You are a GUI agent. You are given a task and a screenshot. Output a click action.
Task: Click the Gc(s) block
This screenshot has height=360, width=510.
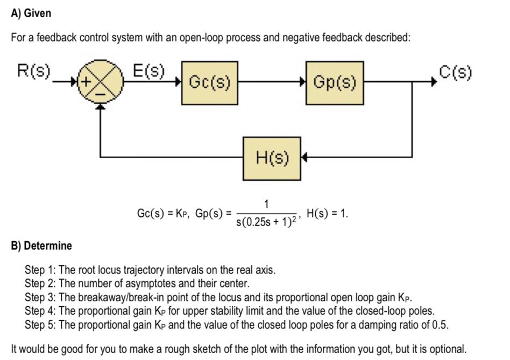[210, 83]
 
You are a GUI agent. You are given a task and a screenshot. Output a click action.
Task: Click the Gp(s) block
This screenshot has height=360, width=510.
[335, 83]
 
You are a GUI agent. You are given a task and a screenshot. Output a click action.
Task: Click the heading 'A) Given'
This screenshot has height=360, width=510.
[31, 13]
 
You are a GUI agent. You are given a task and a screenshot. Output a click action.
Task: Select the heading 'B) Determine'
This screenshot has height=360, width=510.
[41, 246]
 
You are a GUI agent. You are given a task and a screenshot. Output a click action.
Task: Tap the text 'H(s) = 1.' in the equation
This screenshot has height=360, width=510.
[327, 213]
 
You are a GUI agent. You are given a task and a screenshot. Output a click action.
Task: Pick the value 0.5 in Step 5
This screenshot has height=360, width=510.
[440, 325]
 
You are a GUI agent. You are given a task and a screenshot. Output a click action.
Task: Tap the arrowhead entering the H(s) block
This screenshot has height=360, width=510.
[304, 158]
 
